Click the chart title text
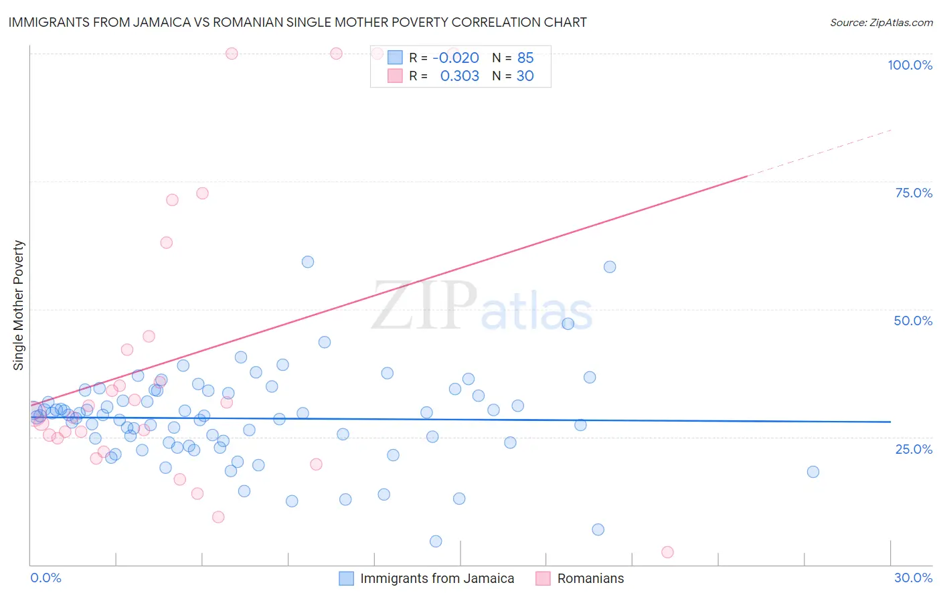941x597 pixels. (x=297, y=22)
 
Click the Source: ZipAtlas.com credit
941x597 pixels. (x=881, y=22)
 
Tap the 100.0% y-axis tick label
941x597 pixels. (x=910, y=65)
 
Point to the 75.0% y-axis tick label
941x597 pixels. (x=914, y=193)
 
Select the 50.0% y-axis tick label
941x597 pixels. (x=913, y=321)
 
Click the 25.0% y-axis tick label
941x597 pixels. (x=914, y=448)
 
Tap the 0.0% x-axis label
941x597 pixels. (x=46, y=578)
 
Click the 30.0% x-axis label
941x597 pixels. (x=913, y=578)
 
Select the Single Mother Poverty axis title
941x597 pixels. (x=19, y=305)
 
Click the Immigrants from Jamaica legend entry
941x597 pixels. (x=437, y=578)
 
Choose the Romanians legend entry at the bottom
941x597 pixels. (x=590, y=578)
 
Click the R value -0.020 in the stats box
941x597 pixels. (x=456, y=58)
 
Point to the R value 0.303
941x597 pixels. (x=459, y=76)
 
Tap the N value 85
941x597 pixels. (x=525, y=58)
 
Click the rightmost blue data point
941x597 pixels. (x=812, y=472)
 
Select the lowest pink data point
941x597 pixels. (x=667, y=552)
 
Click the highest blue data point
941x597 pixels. (x=308, y=262)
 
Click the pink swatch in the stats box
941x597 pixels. (x=395, y=76)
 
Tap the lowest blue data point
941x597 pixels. (x=436, y=541)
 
